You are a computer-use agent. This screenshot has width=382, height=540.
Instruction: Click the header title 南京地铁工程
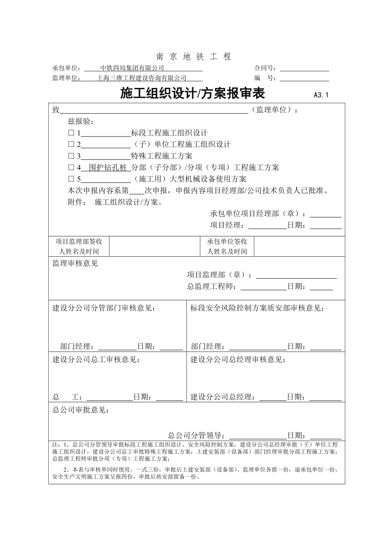tap(193, 57)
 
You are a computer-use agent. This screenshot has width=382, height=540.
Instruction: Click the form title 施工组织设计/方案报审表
tap(192, 94)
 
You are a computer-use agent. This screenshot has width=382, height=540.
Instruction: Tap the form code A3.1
tap(321, 95)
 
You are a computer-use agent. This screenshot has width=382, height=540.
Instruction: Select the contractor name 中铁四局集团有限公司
tap(132, 68)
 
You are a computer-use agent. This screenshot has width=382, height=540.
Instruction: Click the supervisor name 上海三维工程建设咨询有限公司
tap(142, 78)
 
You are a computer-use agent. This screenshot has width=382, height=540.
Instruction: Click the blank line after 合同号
tap(305, 68)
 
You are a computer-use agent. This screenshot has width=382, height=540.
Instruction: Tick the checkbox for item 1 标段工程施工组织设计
tap(71, 133)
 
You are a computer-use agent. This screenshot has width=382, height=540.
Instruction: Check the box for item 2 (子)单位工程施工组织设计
tap(71, 145)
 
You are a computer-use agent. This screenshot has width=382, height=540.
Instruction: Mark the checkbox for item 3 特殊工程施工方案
tap(71, 156)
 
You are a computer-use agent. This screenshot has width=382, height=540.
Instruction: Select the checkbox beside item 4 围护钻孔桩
tap(71, 168)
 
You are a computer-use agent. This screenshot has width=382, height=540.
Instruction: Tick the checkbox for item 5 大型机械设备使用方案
tap(71, 179)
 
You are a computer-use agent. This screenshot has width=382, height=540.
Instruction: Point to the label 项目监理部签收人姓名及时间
tap(79, 246)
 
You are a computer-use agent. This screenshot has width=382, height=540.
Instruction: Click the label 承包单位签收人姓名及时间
tap(227, 246)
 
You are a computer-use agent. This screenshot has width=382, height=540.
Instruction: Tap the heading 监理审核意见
tap(75, 263)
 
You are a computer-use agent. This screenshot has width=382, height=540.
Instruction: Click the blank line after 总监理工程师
tap(263, 287)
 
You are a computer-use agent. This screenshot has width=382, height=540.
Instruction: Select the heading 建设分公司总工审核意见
tap(96, 360)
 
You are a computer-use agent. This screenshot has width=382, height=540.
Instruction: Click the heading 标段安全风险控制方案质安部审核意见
tap(257, 308)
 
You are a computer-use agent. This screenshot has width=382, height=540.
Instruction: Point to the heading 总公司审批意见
tap(81, 410)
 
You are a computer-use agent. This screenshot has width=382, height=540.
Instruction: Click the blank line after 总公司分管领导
tap(257, 435)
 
